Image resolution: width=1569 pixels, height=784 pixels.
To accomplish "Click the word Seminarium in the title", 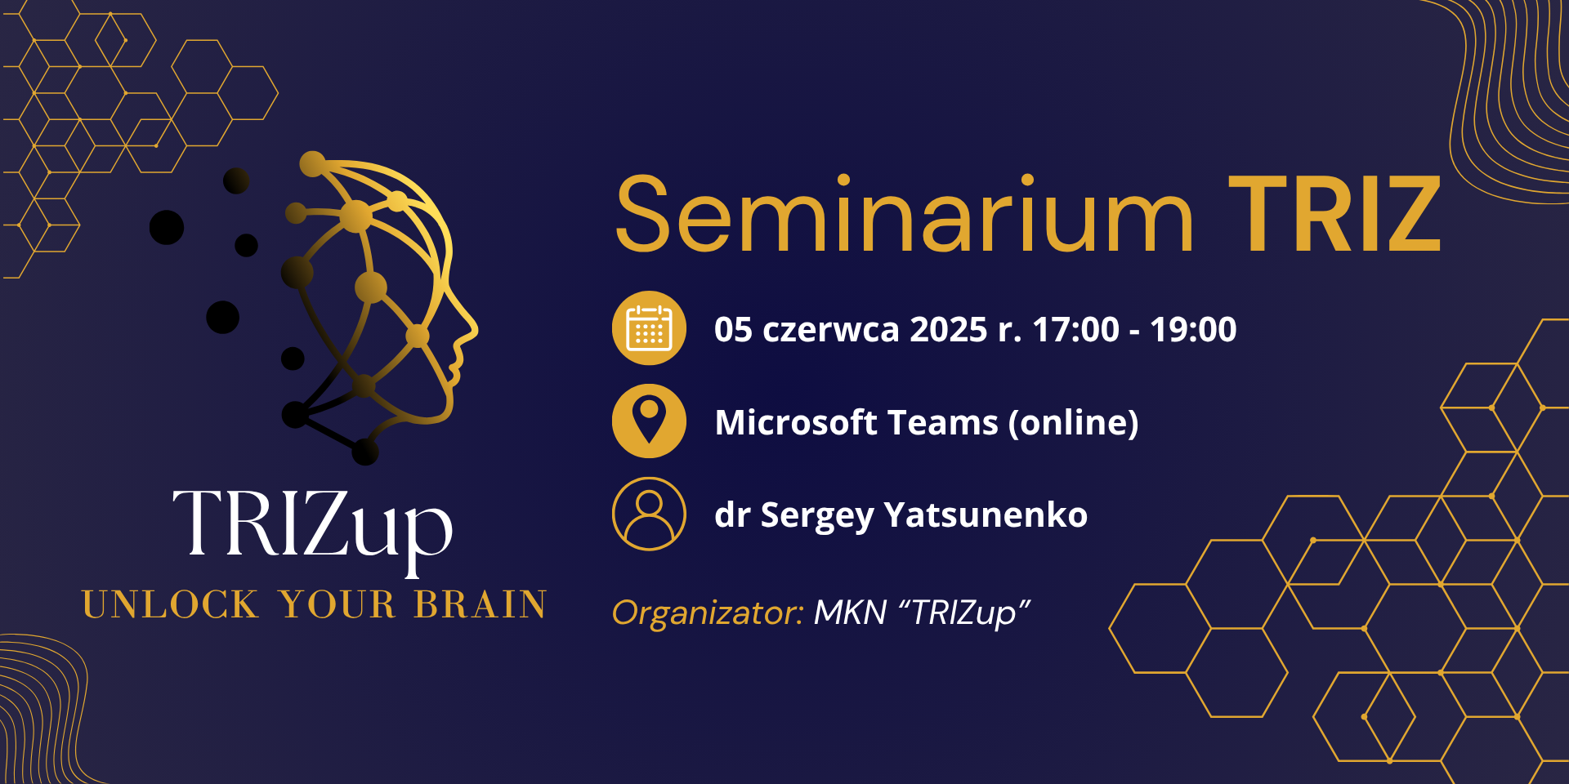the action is click(x=905, y=214).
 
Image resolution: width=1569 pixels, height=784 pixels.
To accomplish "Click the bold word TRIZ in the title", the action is click(x=1334, y=215).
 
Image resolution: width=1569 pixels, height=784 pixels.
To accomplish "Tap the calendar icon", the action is click(x=649, y=328).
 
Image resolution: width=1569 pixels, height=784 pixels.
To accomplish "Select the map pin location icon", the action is click(x=649, y=421).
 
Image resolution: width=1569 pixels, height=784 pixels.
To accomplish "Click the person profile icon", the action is click(x=649, y=514).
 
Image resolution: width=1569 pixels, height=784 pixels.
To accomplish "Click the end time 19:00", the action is click(x=1193, y=329).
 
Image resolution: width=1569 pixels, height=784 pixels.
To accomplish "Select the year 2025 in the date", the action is click(x=949, y=329).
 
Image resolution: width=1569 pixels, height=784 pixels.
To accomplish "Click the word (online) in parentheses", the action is click(x=1073, y=423).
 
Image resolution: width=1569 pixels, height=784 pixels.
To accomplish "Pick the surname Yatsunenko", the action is click(x=986, y=514).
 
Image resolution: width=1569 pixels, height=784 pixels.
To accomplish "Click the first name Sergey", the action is click(x=817, y=516).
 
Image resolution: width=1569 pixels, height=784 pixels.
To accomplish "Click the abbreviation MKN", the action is click(x=851, y=612).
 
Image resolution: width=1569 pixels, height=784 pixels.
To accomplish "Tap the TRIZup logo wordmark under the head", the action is click(x=312, y=527).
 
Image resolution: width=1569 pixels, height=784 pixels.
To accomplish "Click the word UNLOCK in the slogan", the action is click(x=170, y=605).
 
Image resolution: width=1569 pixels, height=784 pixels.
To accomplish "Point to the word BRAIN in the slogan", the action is click(x=481, y=605).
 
